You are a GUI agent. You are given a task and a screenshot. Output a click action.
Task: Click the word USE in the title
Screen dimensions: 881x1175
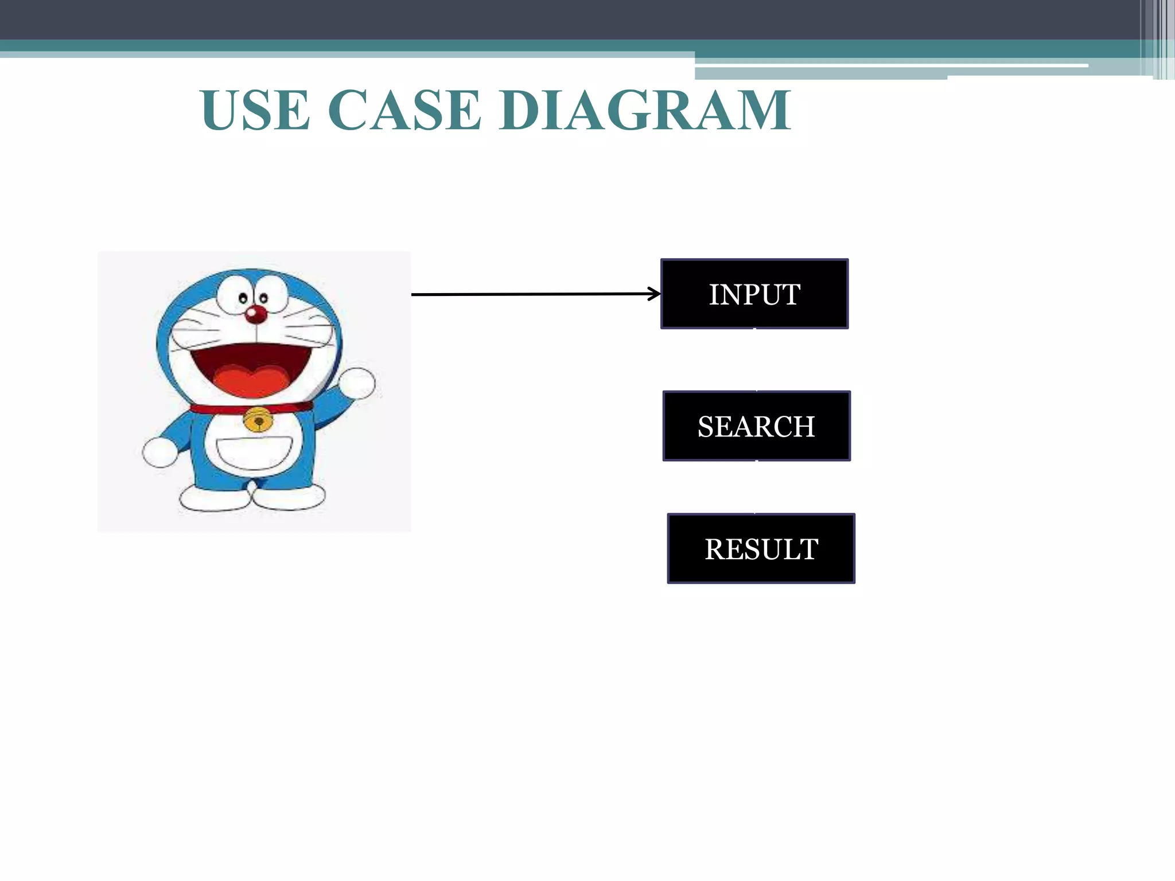click(x=256, y=110)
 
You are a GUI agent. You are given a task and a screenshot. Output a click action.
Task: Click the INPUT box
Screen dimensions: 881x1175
click(x=754, y=294)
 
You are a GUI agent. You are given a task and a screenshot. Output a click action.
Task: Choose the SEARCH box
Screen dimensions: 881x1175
click(x=756, y=426)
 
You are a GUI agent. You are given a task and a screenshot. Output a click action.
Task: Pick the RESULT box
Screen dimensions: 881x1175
click(x=761, y=548)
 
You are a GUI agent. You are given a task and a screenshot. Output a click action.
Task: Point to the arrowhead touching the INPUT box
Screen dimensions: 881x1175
click(x=655, y=294)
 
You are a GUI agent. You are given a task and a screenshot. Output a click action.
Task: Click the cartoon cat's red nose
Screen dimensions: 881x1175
click(x=256, y=314)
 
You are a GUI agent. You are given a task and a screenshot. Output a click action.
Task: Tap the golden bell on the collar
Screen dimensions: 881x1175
click(x=258, y=420)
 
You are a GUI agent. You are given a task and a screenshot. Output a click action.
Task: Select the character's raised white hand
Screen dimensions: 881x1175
click(x=357, y=383)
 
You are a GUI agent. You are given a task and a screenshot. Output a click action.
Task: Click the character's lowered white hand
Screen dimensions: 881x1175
click(x=159, y=452)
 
